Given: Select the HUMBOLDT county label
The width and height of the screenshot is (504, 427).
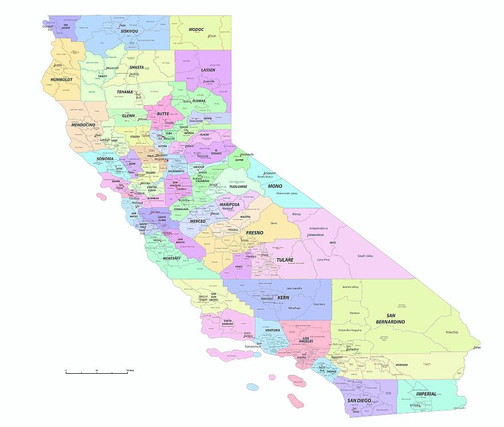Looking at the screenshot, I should pos(61,80).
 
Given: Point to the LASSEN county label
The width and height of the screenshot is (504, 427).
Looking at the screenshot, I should pos(208,70).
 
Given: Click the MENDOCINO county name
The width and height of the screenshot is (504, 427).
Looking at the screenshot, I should pos(83,124).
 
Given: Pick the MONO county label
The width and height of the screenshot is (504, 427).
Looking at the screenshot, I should pos(275,186).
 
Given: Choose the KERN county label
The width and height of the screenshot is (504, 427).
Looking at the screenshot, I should pos(283,298).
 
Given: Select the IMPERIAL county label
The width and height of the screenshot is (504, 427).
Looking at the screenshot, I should pos(426,394).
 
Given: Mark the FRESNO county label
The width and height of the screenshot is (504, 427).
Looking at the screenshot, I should pos(254,233).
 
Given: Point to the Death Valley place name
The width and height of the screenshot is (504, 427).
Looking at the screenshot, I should pos(365,256).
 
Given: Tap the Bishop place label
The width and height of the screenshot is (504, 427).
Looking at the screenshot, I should pos(296,214).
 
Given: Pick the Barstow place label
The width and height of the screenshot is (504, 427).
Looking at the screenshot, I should pos(355,313).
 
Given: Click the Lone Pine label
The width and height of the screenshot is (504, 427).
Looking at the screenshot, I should pos(323,259).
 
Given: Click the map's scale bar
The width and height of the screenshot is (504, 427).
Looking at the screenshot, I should pos(96,372).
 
